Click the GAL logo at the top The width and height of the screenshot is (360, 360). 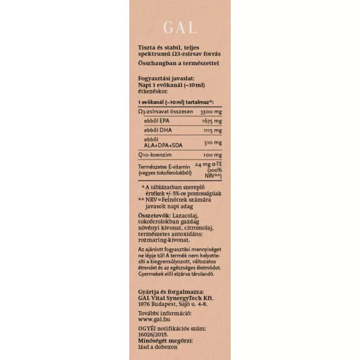[179, 27]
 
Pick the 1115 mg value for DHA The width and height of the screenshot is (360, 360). [211, 130]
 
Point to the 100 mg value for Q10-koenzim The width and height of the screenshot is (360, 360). [213, 155]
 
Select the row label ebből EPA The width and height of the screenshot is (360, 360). [156, 121]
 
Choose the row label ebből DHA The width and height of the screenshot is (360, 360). [157, 130]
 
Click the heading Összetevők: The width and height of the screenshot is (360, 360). [155, 214]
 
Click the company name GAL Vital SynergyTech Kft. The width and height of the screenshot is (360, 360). [175, 298]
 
